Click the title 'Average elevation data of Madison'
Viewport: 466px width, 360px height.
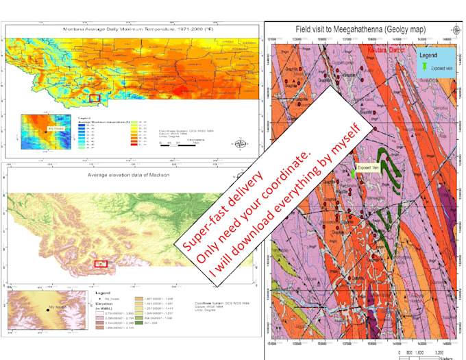pyautogui.click(x=128, y=176)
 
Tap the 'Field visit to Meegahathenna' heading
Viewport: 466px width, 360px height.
pyautogui.click(x=358, y=29)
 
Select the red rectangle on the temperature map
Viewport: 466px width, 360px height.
pyautogui.click(x=95, y=99)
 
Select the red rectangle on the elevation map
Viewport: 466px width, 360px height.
pyautogui.click(x=101, y=263)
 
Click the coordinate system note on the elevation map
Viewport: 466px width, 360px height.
pyautogui.click(x=206, y=307)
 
